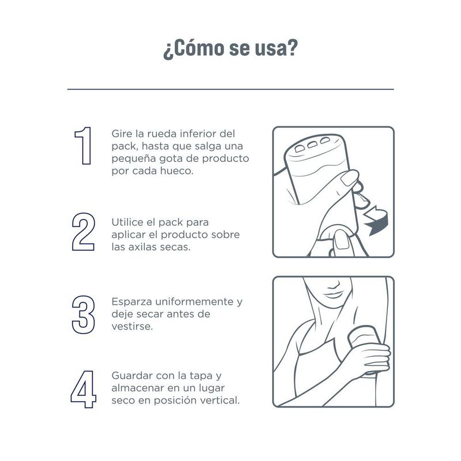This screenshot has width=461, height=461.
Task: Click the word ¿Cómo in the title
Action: [x=194, y=48]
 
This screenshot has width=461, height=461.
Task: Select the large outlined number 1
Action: [x=83, y=146]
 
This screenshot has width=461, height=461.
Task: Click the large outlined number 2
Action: [x=84, y=232]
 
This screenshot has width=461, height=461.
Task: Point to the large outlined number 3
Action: [x=84, y=315]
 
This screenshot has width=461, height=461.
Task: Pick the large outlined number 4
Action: [x=84, y=390]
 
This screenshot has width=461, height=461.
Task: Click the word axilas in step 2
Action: [x=139, y=247]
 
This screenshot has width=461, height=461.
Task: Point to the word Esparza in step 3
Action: [x=132, y=302]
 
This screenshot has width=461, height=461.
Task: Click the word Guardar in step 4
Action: [x=133, y=376]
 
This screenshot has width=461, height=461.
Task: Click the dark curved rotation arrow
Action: [x=376, y=221]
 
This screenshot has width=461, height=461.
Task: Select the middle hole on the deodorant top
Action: [x=312, y=145]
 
